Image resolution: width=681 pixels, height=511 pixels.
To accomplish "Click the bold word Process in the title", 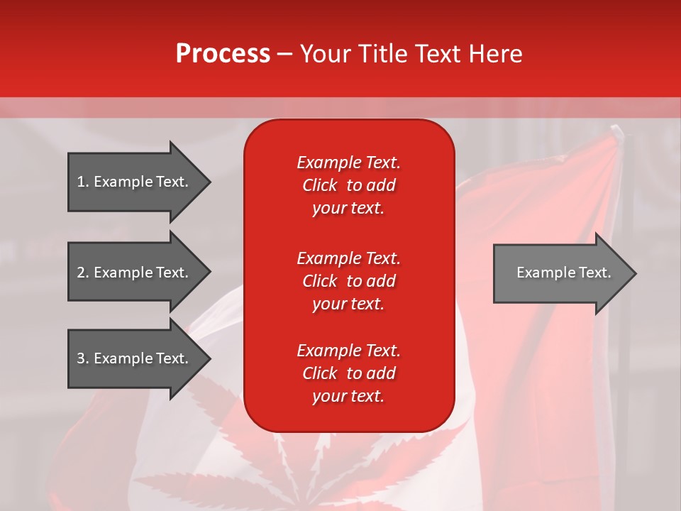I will [223, 54].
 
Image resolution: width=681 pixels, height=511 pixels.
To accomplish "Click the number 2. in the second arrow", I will [83, 273].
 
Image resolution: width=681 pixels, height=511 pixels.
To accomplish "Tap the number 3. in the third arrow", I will [83, 358].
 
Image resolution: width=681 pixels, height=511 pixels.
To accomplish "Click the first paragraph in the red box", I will [348, 185].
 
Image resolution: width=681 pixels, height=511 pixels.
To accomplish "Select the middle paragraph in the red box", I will [348, 280].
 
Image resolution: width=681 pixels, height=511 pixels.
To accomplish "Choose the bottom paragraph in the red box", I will [348, 373].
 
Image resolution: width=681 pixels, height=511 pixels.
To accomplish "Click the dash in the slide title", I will [285, 54].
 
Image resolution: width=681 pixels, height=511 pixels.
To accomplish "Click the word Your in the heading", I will [323, 54].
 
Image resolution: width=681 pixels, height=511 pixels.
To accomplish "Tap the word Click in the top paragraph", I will [320, 185].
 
